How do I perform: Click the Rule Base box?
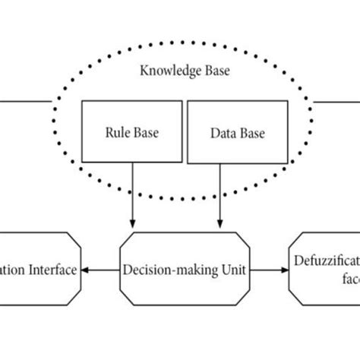tap(132, 133)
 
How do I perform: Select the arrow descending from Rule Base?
tap(133, 194)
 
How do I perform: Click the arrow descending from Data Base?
tap(221, 194)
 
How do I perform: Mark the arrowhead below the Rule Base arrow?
tap(133, 223)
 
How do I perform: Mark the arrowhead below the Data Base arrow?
tap(221, 223)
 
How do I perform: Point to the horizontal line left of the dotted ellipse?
tap(27, 99)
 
